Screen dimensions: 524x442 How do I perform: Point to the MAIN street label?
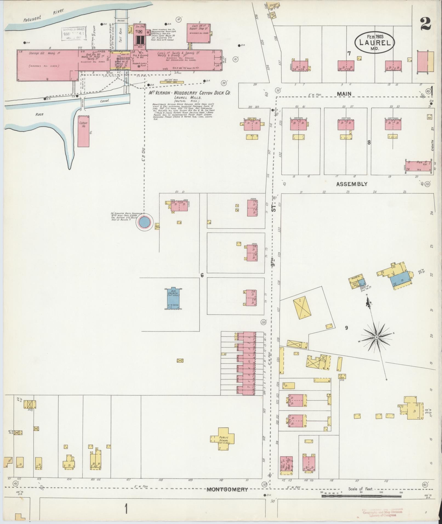(x=344, y=94)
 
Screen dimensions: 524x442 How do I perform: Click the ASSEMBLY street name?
(x=352, y=184)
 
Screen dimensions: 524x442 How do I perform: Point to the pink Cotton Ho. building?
(x=84, y=131)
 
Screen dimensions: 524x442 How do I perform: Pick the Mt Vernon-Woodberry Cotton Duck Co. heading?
(x=189, y=93)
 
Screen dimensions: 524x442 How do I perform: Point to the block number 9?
(x=346, y=328)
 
